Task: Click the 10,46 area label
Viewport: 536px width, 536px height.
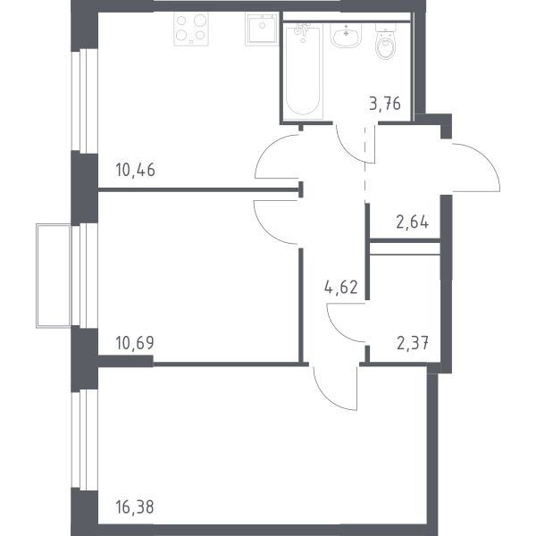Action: (x=136, y=170)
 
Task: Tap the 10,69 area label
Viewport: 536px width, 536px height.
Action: (x=135, y=343)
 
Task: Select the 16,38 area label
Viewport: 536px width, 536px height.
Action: (x=135, y=507)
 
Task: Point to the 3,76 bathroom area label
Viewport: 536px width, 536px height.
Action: (x=385, y=104)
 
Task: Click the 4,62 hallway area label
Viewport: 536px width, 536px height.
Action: (x=341, y=287)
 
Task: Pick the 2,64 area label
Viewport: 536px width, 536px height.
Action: (x=412, y=222)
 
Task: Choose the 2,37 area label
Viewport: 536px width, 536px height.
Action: (x=413, y=343)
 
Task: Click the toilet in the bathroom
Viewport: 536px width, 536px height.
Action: (x=386, y=42)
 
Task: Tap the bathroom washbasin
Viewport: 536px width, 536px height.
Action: (x=346, y=35)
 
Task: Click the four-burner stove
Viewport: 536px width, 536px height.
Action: (x=191, y=29)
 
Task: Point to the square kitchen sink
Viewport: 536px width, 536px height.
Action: (x=262, y=29)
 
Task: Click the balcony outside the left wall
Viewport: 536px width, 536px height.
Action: (x=54, y=276)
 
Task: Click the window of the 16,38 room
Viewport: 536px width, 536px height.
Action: (x=85, y=440)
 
